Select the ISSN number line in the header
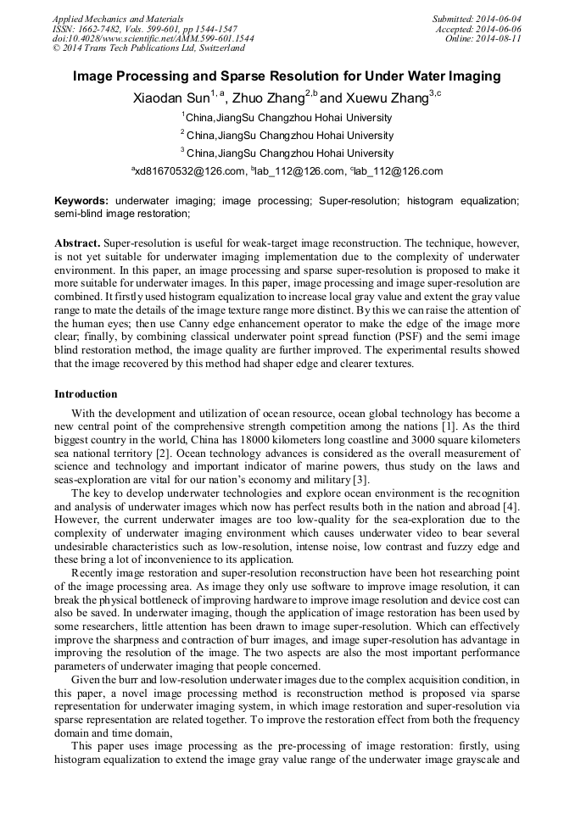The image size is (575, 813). click(x=144, y=28)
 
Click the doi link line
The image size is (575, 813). click(x=153, y=38)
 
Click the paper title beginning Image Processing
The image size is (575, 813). click(x=287, y=76)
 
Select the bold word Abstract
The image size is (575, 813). click(x=76, y=242)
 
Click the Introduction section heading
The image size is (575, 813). click(x=86, y=394)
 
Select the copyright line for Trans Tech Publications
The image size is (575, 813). click(x=148, y=48)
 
